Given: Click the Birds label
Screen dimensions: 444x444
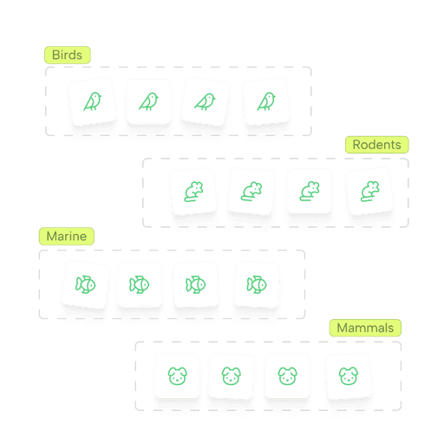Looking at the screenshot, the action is tap(68, 55).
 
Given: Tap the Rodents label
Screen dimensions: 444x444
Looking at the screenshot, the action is tap(377, 145).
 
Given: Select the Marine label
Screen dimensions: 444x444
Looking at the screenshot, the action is tap(67, 237).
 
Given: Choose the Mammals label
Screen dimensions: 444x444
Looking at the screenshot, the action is tap(365, 328).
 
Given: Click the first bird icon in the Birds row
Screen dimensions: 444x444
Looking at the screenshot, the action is tap(93, 101).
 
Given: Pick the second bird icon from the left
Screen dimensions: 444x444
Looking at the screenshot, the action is tap(148, 101).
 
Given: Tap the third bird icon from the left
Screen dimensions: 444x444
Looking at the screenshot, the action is tap(205, 101).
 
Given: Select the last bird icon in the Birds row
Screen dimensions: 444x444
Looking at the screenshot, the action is tap(266, 101).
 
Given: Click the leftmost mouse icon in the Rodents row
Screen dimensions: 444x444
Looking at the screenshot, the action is tap(193, 192).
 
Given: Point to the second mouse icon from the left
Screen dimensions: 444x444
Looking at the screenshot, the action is tap(251, 192).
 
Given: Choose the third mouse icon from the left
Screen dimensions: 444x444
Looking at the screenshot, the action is tap(310, 191).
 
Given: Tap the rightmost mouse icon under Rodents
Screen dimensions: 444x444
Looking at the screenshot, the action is tap(370, 191).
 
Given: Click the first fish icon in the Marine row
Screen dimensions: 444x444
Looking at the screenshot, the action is tap(86, 284).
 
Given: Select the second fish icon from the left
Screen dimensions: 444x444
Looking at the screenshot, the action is tap(140, 284).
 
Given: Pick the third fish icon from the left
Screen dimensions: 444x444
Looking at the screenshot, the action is tap(196, 284).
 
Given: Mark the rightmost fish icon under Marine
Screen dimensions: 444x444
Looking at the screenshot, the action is tap(257, 284).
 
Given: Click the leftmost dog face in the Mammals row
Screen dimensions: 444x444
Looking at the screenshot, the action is tap(178, 376).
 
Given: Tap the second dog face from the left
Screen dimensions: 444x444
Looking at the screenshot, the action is tap(232, 376).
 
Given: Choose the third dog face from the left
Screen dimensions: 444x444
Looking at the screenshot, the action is tap(287, 376).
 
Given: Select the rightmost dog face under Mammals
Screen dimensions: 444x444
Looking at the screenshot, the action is tap(349, 376).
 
